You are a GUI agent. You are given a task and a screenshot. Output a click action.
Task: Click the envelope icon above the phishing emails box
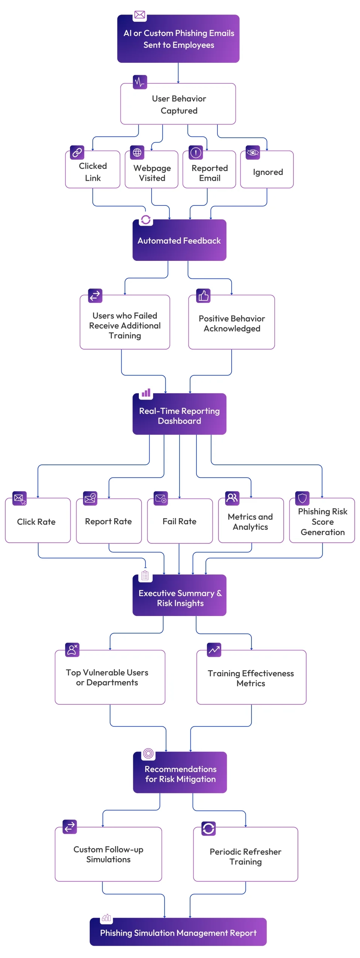tap(140, 15)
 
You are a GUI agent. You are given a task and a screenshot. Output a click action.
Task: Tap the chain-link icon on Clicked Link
tap(77, 152)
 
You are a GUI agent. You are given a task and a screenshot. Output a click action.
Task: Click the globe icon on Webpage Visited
tap(137, 152)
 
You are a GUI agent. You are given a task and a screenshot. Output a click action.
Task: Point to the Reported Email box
tap(209, 173)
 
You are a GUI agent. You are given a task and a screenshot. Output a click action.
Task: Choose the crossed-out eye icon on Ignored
tap(253, 152)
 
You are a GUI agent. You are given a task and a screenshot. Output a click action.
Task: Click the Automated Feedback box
tap(179, 240)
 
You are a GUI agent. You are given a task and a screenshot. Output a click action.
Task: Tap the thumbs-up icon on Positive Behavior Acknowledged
tap(203, 296)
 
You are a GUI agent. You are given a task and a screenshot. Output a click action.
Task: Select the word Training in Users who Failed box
tap(125, 336)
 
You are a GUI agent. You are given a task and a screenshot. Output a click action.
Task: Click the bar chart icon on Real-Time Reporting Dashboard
tap(146, 393)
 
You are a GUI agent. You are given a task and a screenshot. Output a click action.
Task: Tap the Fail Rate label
tap(179, 521)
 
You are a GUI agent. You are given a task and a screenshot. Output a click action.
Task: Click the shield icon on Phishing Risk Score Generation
tap(302, 498)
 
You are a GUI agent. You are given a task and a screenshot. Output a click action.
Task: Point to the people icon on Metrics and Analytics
tap(232, 498)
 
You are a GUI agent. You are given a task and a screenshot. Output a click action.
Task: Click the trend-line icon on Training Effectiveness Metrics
tap(214, 650)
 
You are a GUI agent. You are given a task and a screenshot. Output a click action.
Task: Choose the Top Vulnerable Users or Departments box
tap(110, 677)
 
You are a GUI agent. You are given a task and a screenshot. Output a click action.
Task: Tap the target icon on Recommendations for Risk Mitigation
tap(148, 753)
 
